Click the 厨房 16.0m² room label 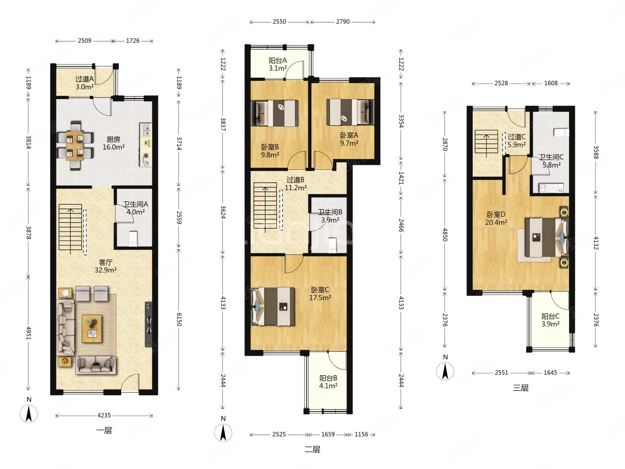tap(113, 143)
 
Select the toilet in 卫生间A tap(133, 238)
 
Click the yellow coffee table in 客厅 tap(92, 329)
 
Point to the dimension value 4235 tap(104, 416)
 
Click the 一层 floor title tap(104, 430)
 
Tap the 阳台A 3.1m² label tap(278, 64)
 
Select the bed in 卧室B tap(275, 113)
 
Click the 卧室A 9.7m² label tap(349, 139)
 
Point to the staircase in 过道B tap(265, 205)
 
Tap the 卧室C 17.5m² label tap(320, 294)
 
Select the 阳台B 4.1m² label tap(328, 382)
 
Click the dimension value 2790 tap(343, 22)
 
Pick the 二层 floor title tap(312, 449)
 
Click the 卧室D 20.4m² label tap(496, 218)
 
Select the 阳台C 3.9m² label tap(550, 320)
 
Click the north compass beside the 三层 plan tap(445, 371)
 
